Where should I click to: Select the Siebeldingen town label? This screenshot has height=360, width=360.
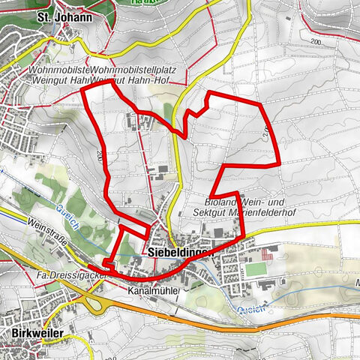(180, 253)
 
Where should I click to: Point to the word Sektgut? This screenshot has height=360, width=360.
(209, 213)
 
